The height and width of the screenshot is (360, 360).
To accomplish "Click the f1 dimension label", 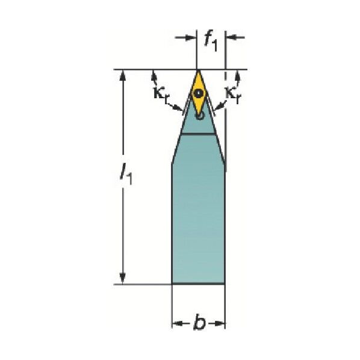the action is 211,41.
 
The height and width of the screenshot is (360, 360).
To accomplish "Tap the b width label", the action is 199,323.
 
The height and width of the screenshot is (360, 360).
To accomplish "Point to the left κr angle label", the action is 161,93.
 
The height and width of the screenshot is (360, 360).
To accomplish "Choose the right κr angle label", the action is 233,95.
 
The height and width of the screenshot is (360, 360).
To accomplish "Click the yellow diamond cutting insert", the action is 198,93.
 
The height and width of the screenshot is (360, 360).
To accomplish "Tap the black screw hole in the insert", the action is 198,93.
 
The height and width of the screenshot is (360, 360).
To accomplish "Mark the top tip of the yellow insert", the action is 198,70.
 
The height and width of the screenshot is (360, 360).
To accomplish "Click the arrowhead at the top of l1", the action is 123,75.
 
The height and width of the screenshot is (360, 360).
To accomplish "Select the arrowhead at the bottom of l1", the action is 123,278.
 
